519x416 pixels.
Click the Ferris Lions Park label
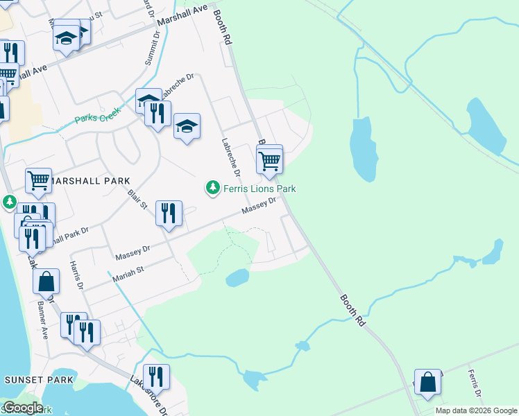point(259,189)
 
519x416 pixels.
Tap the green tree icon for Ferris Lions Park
point(212,188)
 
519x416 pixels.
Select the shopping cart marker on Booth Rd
point(269,161)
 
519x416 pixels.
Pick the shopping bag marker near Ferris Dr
point(429,382)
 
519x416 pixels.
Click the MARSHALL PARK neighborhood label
point(87,181)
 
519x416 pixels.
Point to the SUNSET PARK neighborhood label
point(39,380)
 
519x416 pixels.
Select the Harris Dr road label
point(76,275)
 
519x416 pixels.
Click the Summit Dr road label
point(151,51)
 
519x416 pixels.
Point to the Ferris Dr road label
point(475,383)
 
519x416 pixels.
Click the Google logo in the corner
point(23,408)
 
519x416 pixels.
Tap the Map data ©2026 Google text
point(476,410)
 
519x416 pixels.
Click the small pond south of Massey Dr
point(237,278)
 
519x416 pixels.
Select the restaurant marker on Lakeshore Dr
point(156,377)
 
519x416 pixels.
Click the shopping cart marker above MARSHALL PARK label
point(39,180)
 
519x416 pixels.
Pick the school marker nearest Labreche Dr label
point(187,126)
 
